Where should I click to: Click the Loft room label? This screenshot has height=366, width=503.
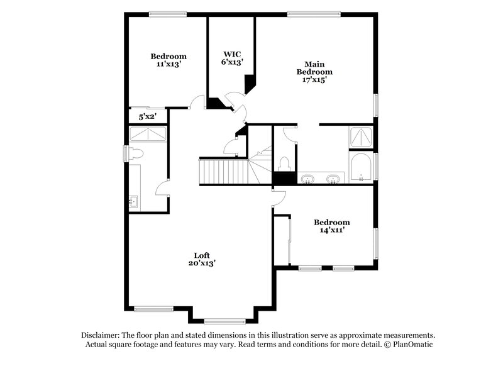(x=201, y=255)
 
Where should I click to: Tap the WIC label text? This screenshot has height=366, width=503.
(x=231, y=53)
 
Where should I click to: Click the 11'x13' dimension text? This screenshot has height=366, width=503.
(x=169, y=64)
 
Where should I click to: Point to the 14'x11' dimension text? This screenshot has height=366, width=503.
(x=332, y=230)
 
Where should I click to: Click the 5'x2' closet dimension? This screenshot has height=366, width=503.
(x=147, y=116)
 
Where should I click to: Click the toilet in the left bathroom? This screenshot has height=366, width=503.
(x=135, y=153)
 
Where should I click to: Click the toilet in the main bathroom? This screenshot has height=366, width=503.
(x=284, y=164)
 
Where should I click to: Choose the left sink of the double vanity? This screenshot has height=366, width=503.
(x=308, y=180)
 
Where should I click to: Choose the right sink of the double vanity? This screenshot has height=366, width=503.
(x=333, y=180)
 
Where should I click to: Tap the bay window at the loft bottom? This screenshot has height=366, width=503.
(x=224, y=321)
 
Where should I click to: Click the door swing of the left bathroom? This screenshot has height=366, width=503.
(x=162, y=187)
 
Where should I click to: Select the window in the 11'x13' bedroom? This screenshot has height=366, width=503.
(x=167, y=13)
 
